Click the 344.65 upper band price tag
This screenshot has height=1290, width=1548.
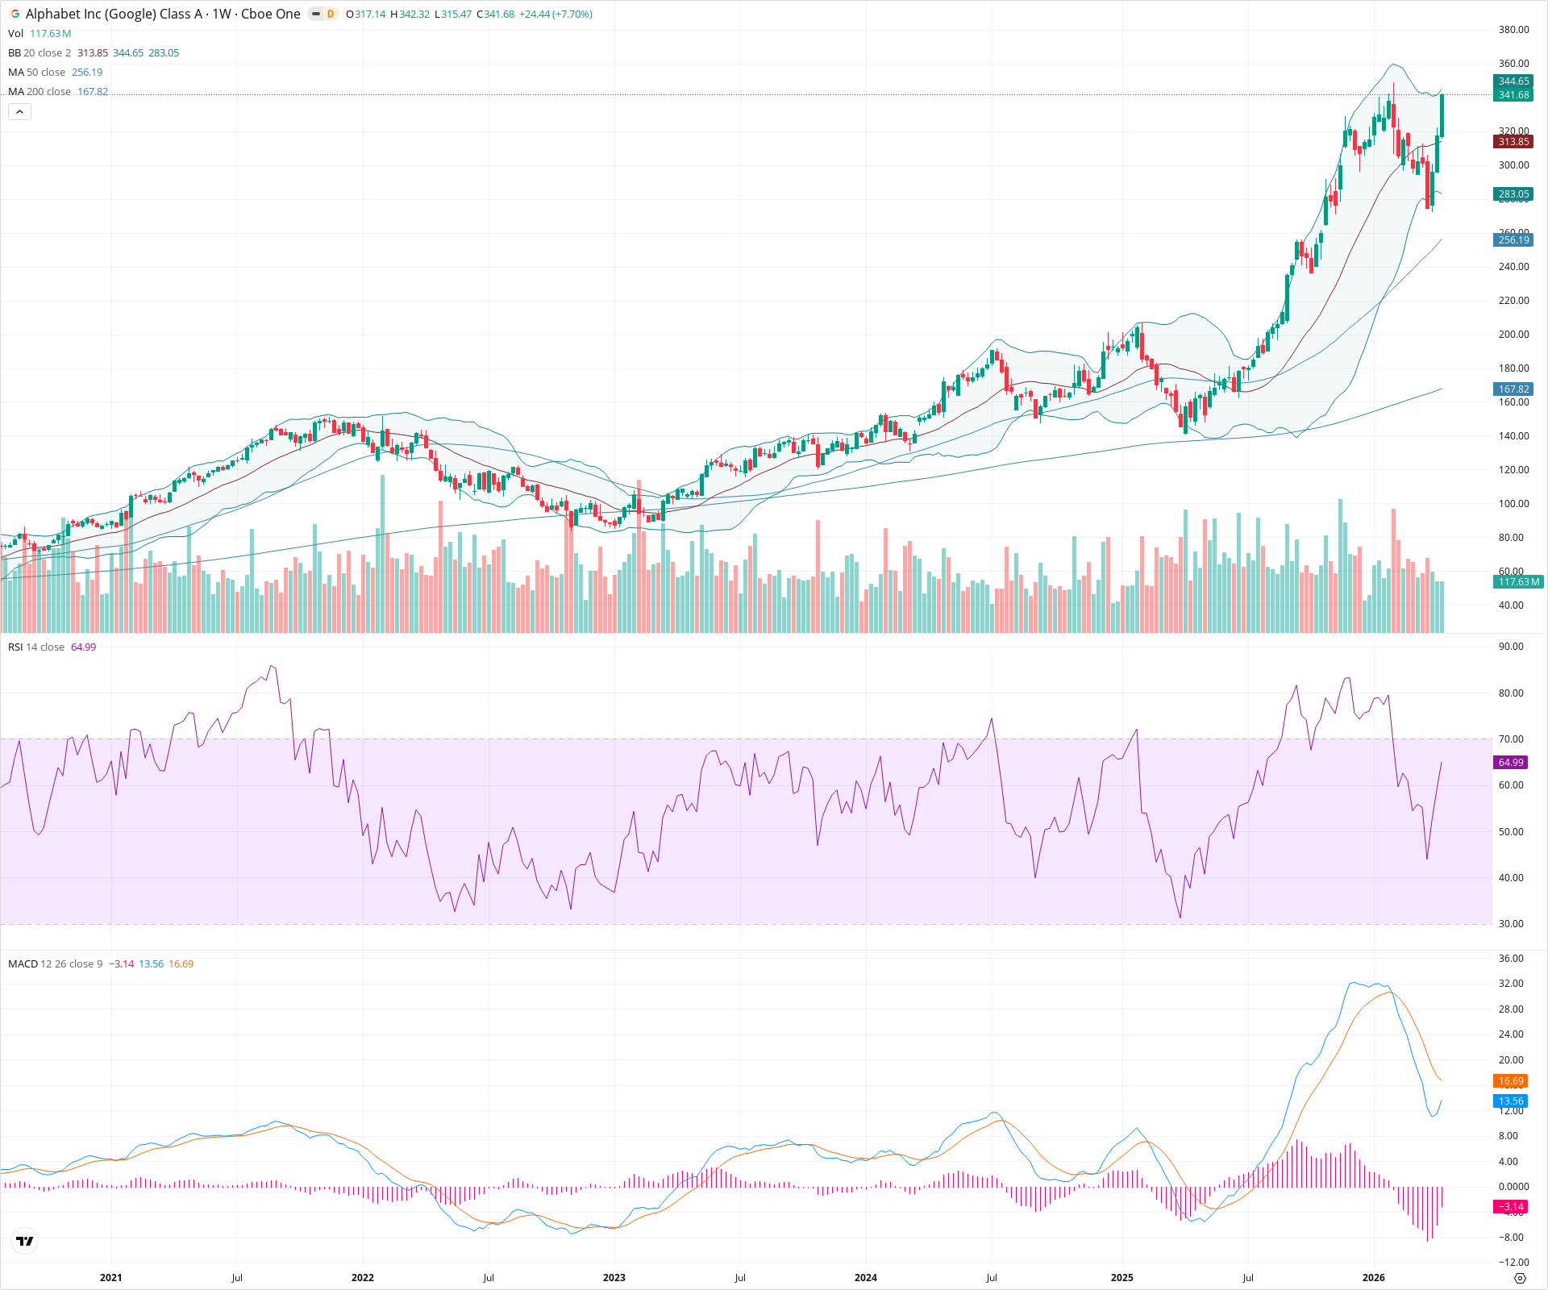1513,81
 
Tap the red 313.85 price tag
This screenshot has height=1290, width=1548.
1513,142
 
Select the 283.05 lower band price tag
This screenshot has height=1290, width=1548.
1513,194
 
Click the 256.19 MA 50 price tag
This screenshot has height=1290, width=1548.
1513,240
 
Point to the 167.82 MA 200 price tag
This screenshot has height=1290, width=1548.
1513,389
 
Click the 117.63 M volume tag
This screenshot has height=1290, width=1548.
1517,582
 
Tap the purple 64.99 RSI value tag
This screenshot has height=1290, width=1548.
1510,763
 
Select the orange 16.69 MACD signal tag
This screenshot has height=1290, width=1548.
1510,1081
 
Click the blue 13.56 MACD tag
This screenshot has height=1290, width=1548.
1510,1101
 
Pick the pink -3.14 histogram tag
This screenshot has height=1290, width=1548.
1510,1207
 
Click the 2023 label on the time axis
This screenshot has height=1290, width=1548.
614,1277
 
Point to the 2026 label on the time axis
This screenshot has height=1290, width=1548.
1373,1277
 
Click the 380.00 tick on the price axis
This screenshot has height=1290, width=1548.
1513,30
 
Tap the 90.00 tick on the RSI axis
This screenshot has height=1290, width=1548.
1510,647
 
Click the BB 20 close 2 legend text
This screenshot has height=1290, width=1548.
40,53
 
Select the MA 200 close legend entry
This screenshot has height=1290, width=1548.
40,92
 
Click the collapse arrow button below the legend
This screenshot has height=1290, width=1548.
19,112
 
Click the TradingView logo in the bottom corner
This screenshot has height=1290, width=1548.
25,1241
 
